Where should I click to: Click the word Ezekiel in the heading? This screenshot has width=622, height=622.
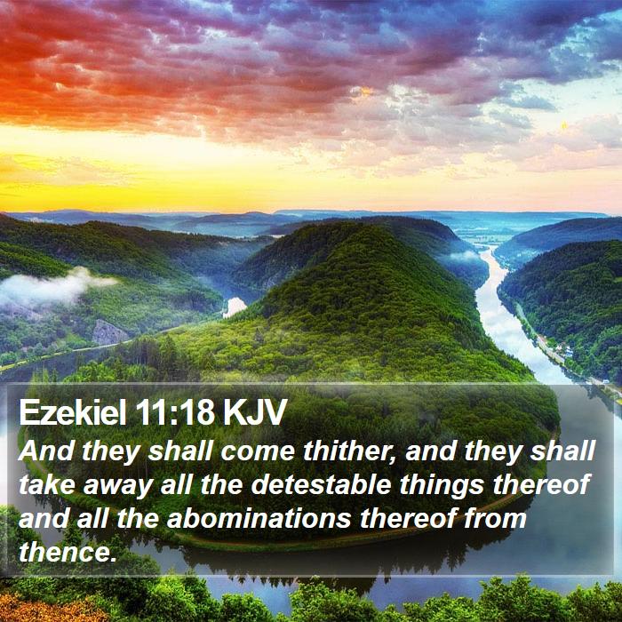click(x=73, y=412)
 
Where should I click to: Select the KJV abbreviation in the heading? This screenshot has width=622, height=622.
click(x=254, y=412)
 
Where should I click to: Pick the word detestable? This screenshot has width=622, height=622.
click(x=322, y=485)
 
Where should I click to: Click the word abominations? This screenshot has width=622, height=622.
click(x=259, y=518)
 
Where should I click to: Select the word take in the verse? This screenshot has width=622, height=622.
click(x=46, y=485)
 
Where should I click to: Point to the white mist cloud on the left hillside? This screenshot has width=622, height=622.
click(x=52, y=286)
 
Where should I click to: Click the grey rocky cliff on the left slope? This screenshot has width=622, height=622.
click(x=108, y=331)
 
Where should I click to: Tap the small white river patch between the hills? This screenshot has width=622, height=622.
click(x=234, y=307)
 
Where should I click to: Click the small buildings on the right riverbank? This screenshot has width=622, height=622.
click(x=562, y=350)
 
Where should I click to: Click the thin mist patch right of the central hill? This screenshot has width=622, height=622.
click(x=462, y=256)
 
